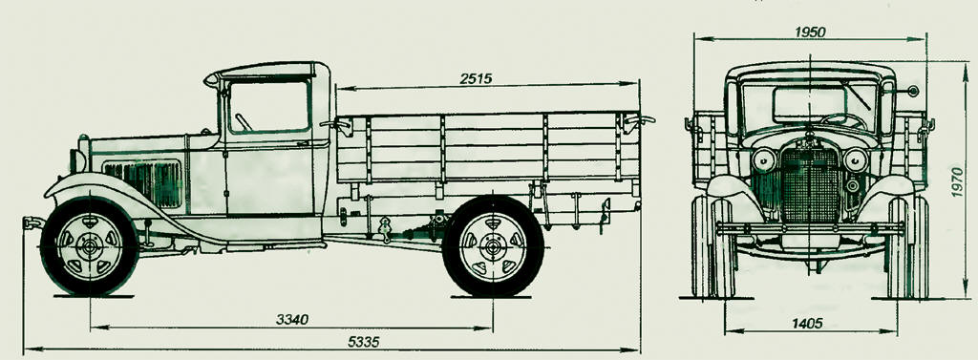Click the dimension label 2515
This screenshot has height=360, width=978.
click(x=476, y=78)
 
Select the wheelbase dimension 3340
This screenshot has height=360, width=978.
click(x=292, y=320)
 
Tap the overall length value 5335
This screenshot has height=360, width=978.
click(x=363, y=342)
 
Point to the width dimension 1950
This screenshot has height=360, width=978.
click(x=810, y=32)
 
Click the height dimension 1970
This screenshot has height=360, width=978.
click(x=957, y=180)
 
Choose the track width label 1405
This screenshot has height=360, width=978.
click(x=809, y=323)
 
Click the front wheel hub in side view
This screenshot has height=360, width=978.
click(x=89, y=246)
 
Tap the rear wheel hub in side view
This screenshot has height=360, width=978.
click(x=493, y=246)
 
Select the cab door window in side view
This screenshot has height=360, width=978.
click(x=269, y=105)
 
